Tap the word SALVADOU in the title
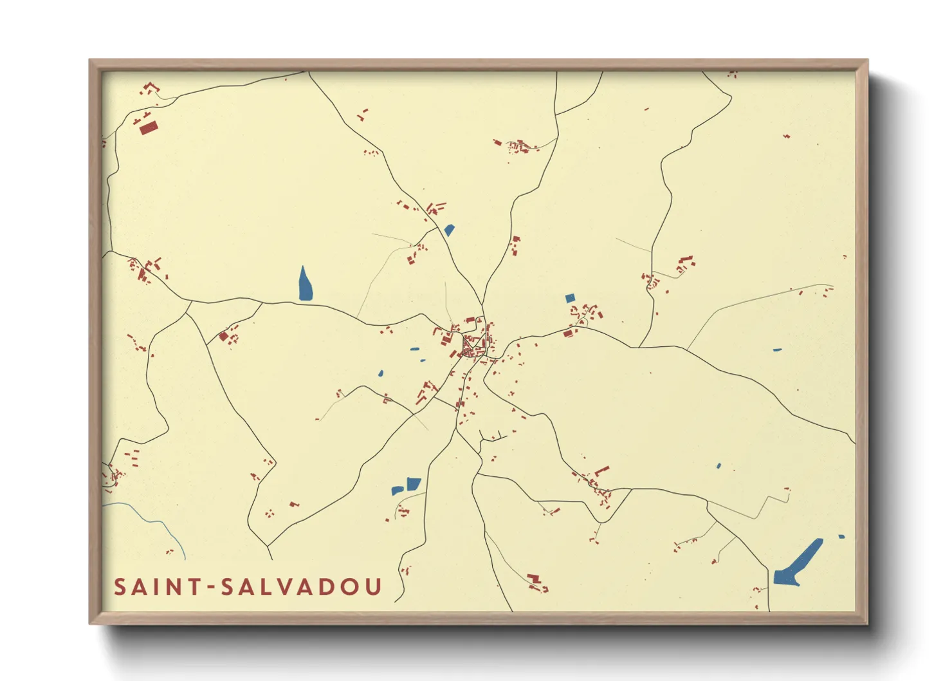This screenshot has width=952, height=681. [x=302, y=586]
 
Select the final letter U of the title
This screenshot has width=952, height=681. [x=373, y=586]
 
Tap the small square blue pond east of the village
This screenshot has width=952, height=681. [x=569, y=298]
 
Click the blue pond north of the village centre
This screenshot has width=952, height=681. [x=449, y=229]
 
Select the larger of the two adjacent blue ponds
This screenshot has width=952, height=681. [x=413, y=484]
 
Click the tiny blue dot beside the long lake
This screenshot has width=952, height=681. [x=841, y=536]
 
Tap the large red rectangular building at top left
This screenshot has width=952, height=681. [x=149, y=127]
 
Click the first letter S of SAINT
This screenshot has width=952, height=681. [x=120, y=586]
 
